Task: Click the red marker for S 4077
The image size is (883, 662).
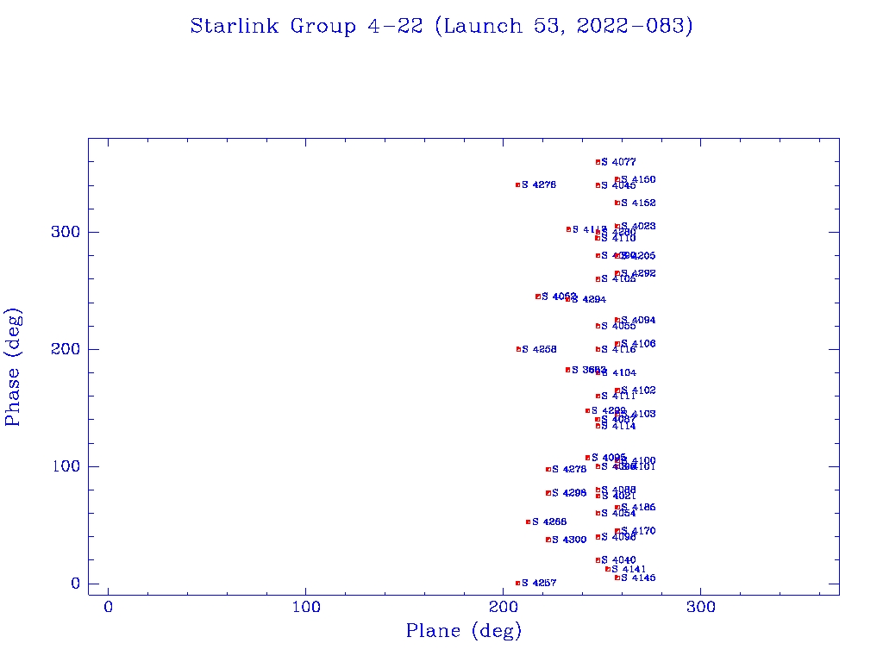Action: [x=598, y=162]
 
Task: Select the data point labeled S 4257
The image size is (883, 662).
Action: [x=518, y=584]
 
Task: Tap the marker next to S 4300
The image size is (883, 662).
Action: [x=548, y=540]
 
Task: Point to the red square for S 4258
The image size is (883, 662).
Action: [x=518, y=349]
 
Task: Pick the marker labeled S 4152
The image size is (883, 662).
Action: [x=617, y=203]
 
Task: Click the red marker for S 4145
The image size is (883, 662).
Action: [x=617, y=578]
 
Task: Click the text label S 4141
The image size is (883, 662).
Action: [x=629, y=569]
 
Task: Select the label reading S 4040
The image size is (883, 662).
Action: [x=619, y=560]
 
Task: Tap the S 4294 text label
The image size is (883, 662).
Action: [x=588, y=300]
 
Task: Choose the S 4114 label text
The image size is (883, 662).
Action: [x=619, y=426]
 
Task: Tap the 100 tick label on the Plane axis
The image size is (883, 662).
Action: [x=306, y=608]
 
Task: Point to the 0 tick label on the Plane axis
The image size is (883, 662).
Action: [x=109, y=608]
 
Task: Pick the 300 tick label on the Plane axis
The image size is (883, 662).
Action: [x=700, y=608]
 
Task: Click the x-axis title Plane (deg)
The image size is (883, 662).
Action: [x=464, y=632]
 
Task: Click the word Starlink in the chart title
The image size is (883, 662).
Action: [x=236, y=27]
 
